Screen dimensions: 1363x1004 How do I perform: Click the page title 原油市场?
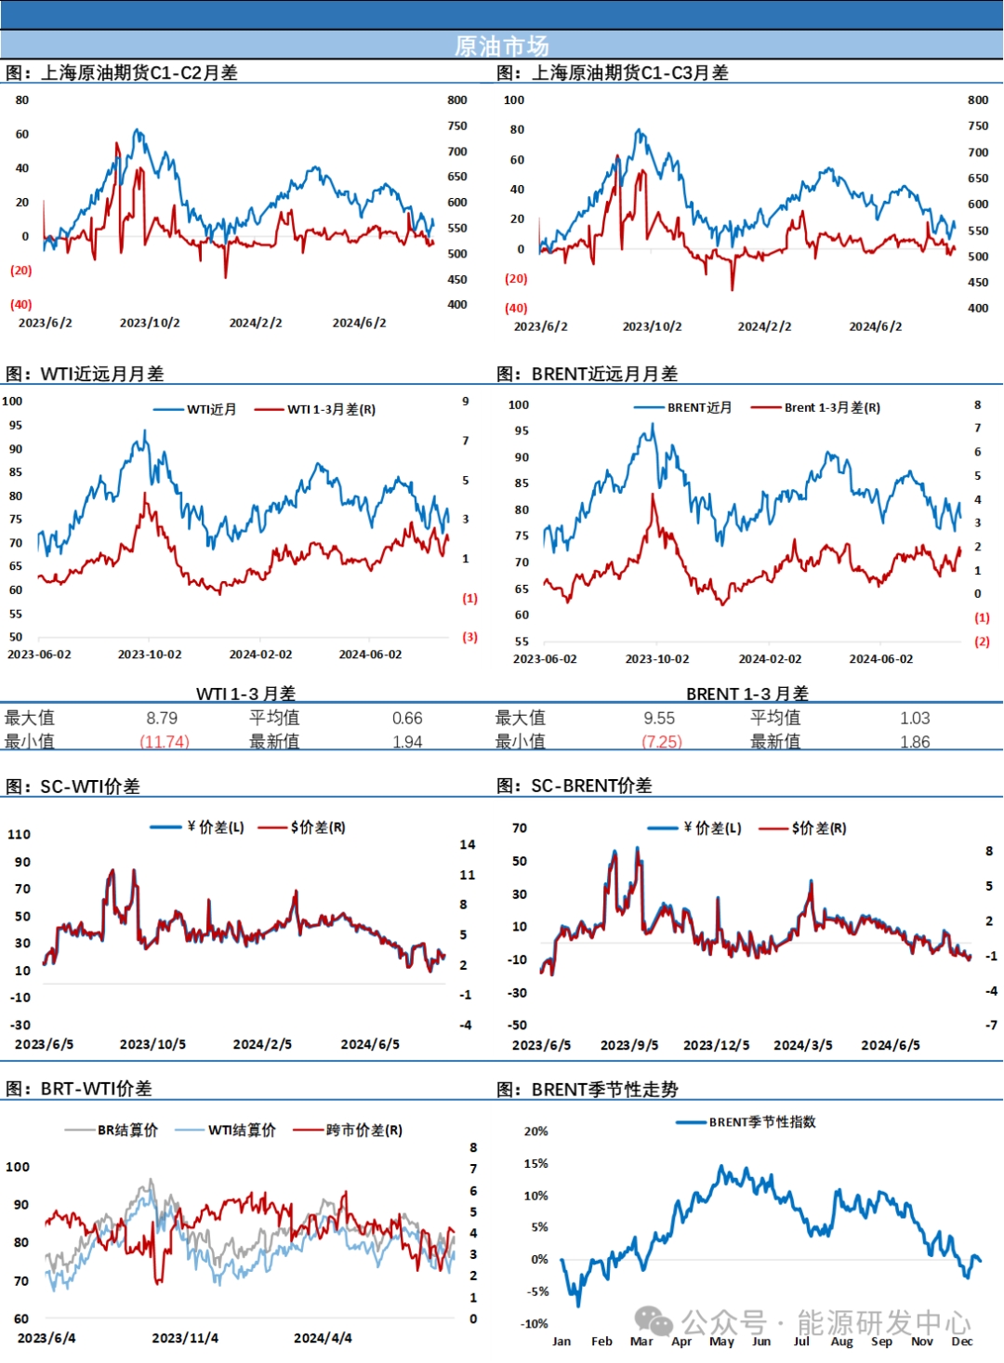(x=502, y=46)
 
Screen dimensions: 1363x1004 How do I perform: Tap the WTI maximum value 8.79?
(x=162, y=718)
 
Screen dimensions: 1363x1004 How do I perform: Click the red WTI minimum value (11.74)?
(x=165, y=742)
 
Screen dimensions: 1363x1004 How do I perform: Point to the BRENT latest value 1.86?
(x=915, y=742)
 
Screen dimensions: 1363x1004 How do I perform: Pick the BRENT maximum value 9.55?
(x=659, y=718)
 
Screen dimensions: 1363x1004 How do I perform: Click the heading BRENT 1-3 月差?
(x=746, y=694)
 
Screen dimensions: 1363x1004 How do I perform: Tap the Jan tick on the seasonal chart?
(x=561, y=1341)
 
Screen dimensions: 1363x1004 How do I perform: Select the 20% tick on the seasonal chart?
(x=536, y=1131)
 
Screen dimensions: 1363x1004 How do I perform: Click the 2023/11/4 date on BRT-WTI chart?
(x=185, y=1338)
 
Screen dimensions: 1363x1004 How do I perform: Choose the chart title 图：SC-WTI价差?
(x=73, y=787)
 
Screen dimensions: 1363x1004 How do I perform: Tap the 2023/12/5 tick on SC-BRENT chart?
(x=716, y=1045)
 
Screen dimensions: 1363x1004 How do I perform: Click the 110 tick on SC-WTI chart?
(x=20, y=834)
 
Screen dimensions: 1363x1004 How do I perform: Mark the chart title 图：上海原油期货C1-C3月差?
(x=613, y=73)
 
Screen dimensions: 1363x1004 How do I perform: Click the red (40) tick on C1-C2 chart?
(x=21, y=304)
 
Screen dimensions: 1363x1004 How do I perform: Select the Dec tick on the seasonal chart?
(x=961, y=1341)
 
